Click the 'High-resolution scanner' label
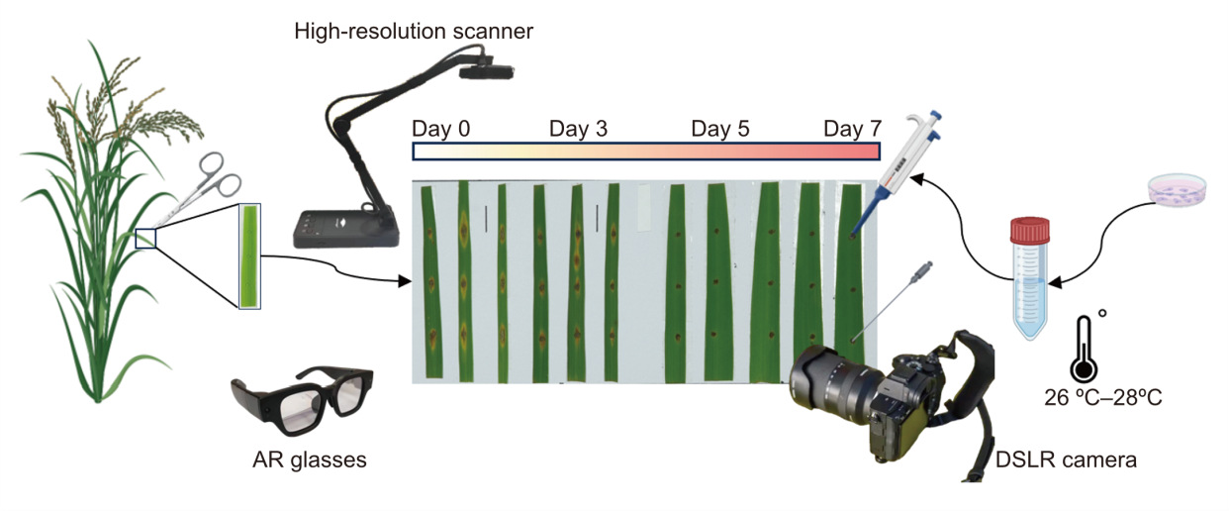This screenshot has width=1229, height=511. point(414,32)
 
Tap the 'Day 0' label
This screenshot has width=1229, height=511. point(441,129)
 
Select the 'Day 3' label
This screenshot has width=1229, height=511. point(578,129)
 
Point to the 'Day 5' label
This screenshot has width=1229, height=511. point(719,129)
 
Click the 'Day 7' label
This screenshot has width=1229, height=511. point(852,129)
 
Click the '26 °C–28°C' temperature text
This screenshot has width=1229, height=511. point(1102,398)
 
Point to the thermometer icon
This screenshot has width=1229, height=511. point(1086,348)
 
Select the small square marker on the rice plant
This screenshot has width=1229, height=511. point(145,238)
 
